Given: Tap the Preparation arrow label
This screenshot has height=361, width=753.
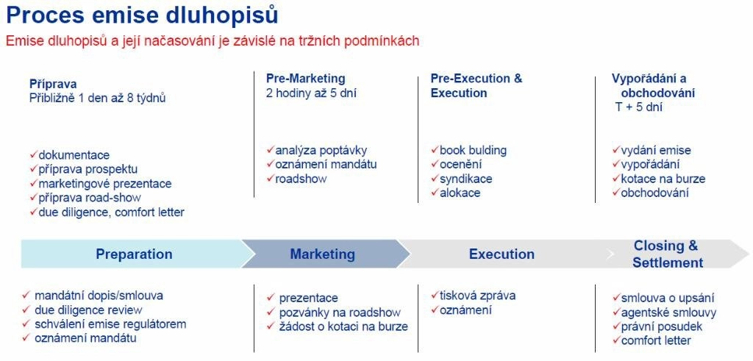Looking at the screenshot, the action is click(x=134, y=254).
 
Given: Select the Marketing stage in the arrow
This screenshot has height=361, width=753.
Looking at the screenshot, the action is click(x=322, y=254).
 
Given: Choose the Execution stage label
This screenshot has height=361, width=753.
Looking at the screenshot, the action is click(x=502, y=254).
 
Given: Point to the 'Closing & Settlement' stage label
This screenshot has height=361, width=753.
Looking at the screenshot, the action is click(x=668, y=254).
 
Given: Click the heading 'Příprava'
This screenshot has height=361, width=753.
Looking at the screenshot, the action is click(x=53, y=85).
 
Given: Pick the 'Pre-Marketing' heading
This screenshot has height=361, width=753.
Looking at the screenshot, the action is click(x=305, y=78).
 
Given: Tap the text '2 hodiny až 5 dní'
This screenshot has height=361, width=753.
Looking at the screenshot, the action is click(x=311, y=93).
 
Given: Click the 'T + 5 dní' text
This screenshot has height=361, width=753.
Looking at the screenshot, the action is click(x=639, y=107).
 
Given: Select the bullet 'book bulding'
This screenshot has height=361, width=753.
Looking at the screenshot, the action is click(x=473, y=150).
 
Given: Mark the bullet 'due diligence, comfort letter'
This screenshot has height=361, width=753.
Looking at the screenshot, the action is click(x=112, y=212).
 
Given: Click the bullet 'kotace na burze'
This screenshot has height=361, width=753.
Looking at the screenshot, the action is click(x=663, y=179).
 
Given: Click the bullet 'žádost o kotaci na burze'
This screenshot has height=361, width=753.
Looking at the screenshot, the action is click(x=343, y=327).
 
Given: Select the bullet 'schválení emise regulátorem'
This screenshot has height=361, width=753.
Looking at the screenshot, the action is click(x=110, y=324).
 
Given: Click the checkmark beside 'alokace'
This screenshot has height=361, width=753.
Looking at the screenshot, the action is click(x=435, y=193).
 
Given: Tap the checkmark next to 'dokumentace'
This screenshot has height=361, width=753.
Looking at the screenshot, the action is click(x=33, y=154).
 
